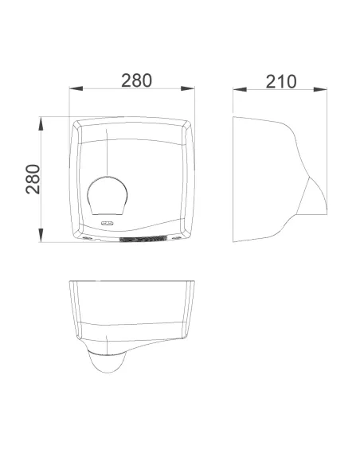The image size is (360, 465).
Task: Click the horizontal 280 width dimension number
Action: [136, 80]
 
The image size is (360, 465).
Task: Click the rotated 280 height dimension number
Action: [33, 179]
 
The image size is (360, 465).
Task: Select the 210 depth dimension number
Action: [281, 82]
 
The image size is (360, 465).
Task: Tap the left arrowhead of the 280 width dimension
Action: [76, 88]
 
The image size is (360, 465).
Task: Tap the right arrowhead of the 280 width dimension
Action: [188, 88]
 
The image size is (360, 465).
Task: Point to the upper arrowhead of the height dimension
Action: [41, 123]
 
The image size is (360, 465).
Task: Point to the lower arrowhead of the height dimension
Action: [41, 235]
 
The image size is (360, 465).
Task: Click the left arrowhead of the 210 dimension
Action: [240, 89]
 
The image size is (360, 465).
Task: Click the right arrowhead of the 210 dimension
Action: [320, 89]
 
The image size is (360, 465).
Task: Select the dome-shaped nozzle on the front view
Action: [108, 196]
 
